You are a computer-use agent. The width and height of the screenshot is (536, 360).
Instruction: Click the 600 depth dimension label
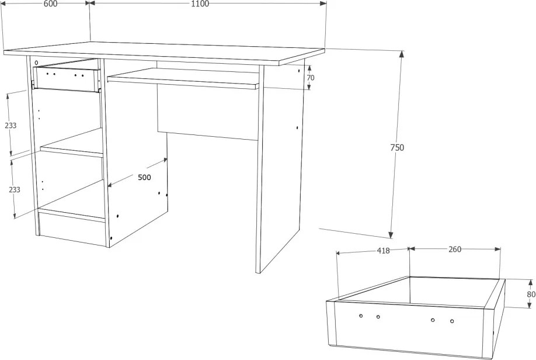pyautogui.click(x=51, y=4)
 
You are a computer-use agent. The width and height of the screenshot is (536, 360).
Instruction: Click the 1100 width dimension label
pyautogui.click(x=200, y=4)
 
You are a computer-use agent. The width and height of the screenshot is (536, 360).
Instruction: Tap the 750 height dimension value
pyautogui.click(x=397, y=147)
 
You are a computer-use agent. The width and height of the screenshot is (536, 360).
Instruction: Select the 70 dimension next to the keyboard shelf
pyautogui.click(x=311, y=78)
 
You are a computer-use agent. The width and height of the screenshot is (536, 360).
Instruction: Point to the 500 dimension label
pyautogui.click(x=144, y=177)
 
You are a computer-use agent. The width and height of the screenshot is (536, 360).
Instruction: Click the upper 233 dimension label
pyautogui.click(x=11, y=125)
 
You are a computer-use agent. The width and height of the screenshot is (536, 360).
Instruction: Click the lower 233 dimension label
pyautogui.click(x=15, y=189)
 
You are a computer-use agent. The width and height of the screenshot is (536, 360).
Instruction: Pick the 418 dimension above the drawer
pyautogui.click(x=383, y=251)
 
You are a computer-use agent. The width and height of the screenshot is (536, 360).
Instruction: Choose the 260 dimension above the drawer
pyautogui.click(x=455, y=250)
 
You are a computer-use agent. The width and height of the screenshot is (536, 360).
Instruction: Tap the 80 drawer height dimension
pyautogui.click(x=531, y=295)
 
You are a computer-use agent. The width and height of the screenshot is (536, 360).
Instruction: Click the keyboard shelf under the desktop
pyautogui.click(x=183, y=78)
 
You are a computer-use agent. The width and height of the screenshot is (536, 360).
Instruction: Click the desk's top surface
pyautogui.click(x=164, y=53)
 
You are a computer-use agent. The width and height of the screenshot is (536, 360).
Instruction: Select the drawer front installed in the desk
pyautogui.click(x=66, y=79)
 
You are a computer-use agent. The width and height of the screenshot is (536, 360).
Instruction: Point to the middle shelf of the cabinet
pyautogui.click(x=72, y=147)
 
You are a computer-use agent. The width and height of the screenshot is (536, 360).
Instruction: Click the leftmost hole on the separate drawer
pyautogui.click(x=361, y=315)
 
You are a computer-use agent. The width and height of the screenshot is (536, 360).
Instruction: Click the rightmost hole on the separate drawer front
pyautogui.click(x=452, y=321)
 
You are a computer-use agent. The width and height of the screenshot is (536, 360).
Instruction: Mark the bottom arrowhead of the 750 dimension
pyautogui.click(x=391, y=234)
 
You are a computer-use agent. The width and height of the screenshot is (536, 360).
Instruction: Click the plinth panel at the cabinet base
pyautogui.click(x=72, y=229)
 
